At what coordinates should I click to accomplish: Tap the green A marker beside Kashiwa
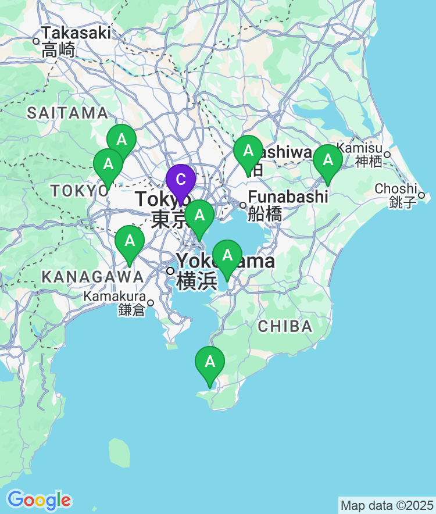tap(248, 152)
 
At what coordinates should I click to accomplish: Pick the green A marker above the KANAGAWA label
tap(129, 242)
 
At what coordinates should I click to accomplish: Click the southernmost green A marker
tap(209, 363)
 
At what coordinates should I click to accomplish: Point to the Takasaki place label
tap(76, 33)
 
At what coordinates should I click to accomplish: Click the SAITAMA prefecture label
tap(67, 113)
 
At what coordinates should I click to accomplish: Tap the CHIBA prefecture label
tap(285, 326)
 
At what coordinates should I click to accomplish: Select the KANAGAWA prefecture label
tap(92, 277)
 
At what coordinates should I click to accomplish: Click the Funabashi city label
tap(288, 197)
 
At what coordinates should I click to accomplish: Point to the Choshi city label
tap(396, 188)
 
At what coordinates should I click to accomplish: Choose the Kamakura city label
tap(115, 297)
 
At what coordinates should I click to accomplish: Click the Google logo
tap(39, 499)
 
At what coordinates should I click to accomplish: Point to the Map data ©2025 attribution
tap(387, 505)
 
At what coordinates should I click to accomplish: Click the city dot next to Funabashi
tap(243, 205)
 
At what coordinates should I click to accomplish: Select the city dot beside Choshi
tap(421, 195)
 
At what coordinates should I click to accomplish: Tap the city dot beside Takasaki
tap(36, 41)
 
